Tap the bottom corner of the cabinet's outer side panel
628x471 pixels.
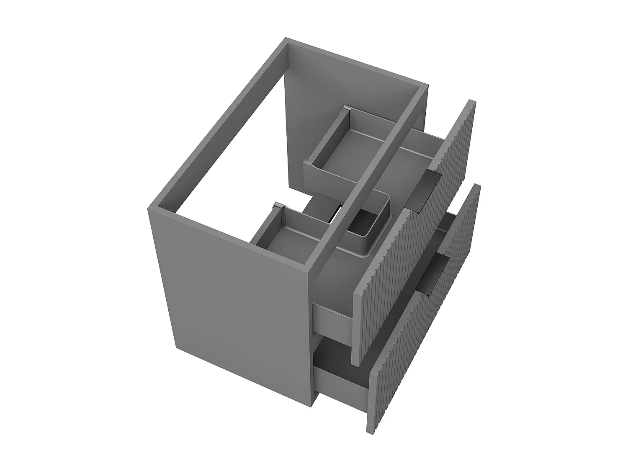(x=314, y=404)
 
